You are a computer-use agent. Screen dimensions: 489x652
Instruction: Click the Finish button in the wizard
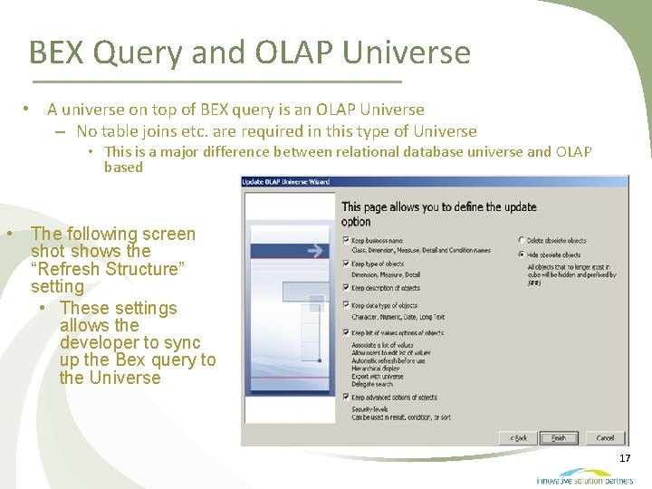click(x=560, y=437)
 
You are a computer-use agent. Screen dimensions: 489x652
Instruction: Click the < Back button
click(x=519, y=437)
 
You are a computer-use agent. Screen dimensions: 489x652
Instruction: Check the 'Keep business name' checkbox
click(x=346, y=241)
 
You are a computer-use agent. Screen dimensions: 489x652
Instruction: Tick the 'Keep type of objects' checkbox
click(x=346, y=264)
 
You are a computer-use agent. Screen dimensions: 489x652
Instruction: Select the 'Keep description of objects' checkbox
click(x=346, y=288)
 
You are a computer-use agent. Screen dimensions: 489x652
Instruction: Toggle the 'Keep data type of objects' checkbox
click(x=346, y=306)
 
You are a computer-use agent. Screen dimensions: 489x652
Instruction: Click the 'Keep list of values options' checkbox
click(x=346, y=333)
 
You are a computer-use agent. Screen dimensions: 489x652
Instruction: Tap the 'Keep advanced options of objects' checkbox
click(x=346, y=397)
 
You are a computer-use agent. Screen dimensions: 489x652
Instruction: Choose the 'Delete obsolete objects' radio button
click(x=523, y=241)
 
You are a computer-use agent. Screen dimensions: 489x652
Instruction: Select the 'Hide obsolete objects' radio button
click(x=523, y=255)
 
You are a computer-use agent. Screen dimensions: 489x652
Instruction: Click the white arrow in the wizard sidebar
click(x=315, y=251)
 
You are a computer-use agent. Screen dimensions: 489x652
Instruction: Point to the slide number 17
click(x=625, y=459)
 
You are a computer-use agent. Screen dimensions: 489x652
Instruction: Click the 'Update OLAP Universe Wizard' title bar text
click(x=285, y=182)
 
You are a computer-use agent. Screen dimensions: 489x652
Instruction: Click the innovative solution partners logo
click(x=583, y=476)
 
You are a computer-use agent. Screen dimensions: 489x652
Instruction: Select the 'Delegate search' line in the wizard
click(x=372, y=384)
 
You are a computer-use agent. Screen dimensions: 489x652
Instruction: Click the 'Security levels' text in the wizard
click(x=371, y=409)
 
